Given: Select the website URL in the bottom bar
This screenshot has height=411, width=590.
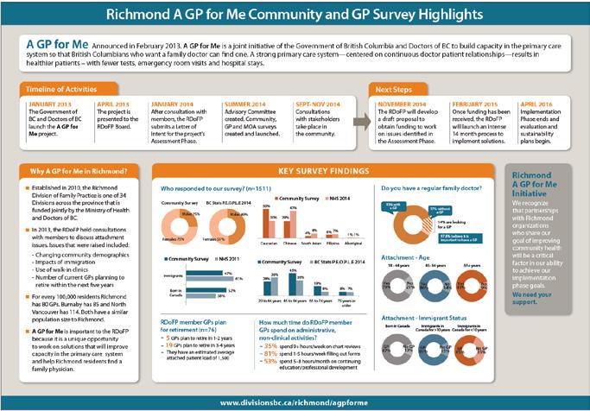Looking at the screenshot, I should point(295,402).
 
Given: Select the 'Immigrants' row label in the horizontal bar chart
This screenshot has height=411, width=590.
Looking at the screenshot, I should point(174,274).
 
